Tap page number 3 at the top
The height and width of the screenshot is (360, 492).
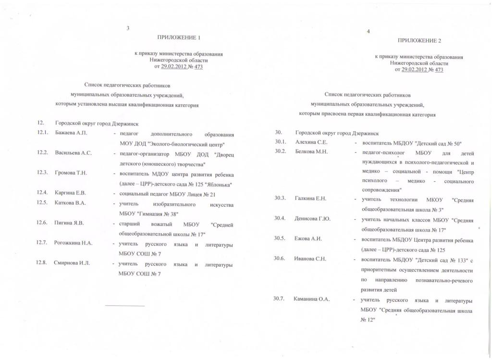[128, 28]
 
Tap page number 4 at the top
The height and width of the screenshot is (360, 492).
[368, 32]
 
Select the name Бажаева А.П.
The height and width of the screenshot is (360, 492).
[71, 133]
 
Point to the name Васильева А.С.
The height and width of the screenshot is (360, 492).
[73, 153]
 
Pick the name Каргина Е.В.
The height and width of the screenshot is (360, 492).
[71, 193]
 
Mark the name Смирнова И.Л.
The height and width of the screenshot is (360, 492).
[72, 263]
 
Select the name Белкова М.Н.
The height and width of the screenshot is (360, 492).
[311, 152]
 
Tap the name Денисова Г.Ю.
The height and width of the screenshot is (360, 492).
[313, 219]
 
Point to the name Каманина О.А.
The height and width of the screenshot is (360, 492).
[311, 299]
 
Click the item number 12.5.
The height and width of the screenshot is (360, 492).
[42, 202]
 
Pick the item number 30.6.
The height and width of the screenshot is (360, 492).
[280, 259]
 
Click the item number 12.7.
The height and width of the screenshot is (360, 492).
[42, 243]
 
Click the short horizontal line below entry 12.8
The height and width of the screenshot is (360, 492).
[124, 306]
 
